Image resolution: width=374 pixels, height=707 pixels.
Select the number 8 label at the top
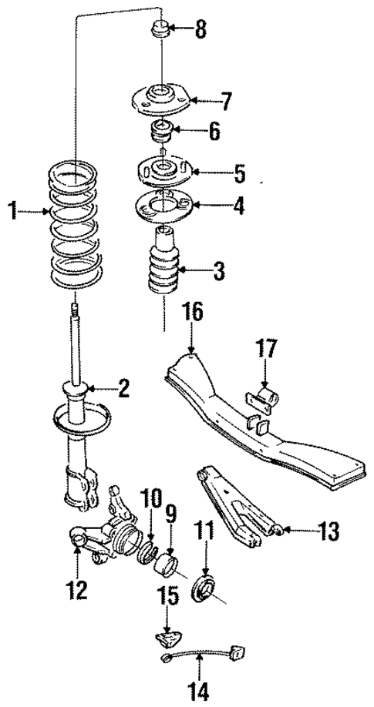click(x=200, y=32)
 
